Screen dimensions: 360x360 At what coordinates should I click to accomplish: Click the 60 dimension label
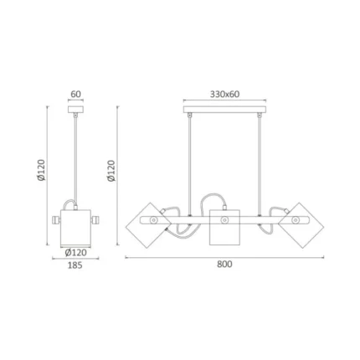75,94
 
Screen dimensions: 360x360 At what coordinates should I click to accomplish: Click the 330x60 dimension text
224,95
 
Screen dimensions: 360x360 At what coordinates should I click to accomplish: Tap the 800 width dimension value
224,264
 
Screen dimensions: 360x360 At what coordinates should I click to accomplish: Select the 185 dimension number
75,265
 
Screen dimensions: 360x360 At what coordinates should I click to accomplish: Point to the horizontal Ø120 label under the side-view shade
75,253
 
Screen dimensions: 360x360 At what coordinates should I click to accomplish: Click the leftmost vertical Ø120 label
41,170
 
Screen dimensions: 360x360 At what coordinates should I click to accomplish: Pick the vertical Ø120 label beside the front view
111,171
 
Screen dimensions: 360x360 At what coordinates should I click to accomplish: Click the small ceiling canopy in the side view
75,110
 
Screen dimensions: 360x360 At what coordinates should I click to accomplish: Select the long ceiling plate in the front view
224,110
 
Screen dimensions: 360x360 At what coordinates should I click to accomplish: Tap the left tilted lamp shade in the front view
148,225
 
